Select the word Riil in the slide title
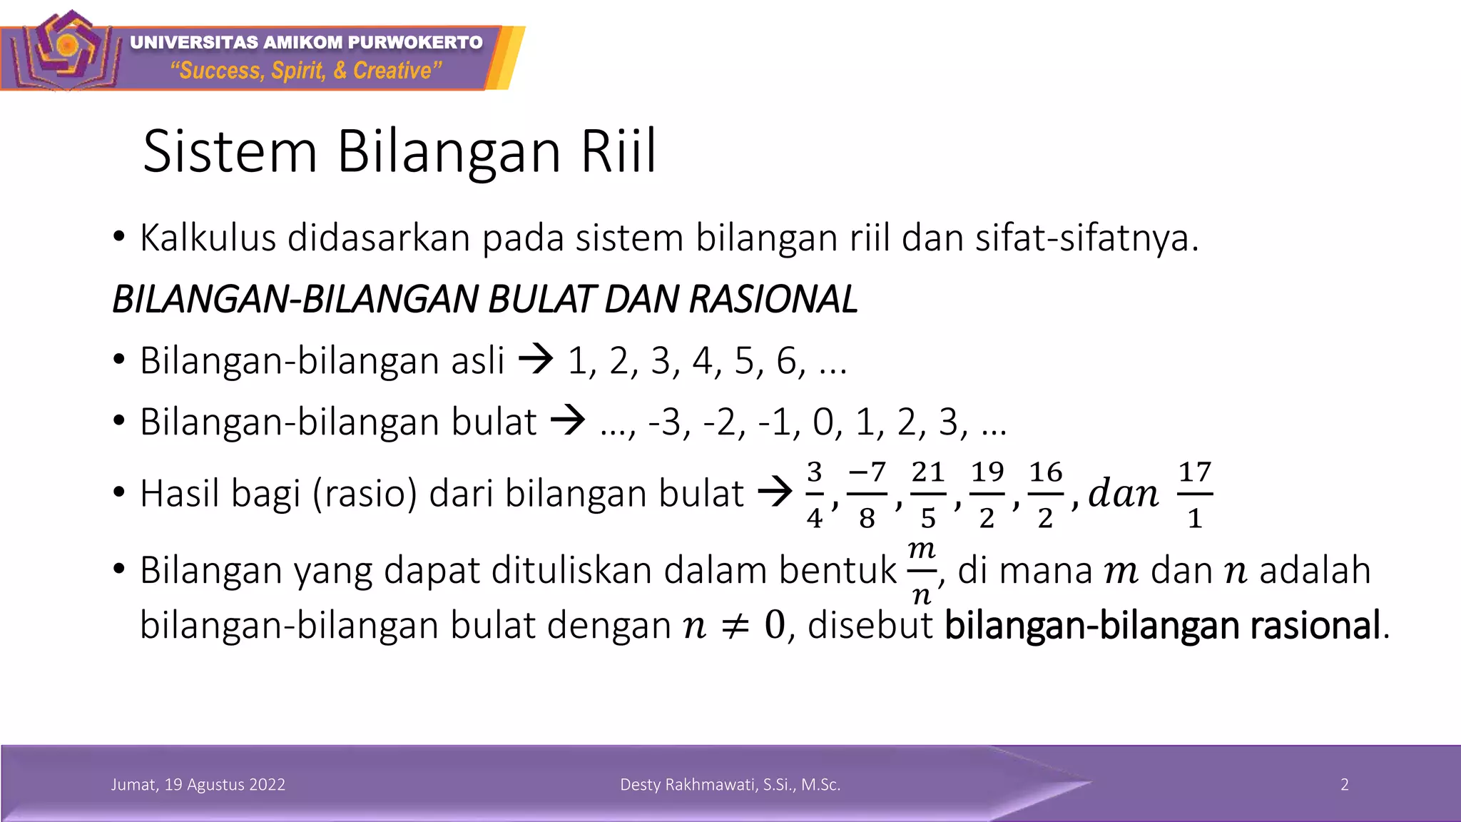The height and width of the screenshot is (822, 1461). pos(618,151)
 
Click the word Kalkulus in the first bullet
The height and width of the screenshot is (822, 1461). pos(208,238)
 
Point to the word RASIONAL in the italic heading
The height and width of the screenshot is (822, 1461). pos(773,299)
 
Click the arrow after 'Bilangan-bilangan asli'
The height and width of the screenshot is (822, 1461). pos(536,359)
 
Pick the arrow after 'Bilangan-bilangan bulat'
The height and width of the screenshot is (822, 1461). pos(568,420)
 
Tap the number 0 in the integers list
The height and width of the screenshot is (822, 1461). pos(823,422)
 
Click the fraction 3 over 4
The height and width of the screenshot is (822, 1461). pos(814,494)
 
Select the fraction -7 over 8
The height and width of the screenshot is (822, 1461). pos(867,494)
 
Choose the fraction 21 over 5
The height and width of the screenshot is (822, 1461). pos(927,494)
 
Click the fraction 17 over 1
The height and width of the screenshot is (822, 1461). pos(1195,494)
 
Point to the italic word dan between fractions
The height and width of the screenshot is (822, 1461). pos(1124,494)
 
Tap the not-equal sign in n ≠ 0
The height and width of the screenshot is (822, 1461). pos(735,626)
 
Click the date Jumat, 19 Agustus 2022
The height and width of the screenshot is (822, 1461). pos(198,785)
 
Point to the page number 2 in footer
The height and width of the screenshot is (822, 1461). pos(1345,785)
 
